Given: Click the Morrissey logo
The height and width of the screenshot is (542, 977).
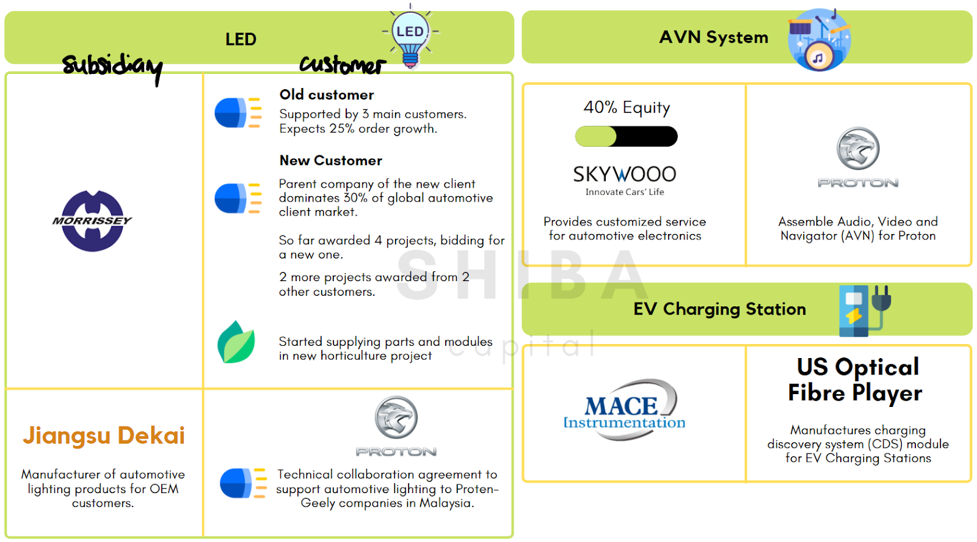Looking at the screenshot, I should click(x=92, y=221).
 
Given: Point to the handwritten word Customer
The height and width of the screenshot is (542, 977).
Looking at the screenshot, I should click(x=342, y=64).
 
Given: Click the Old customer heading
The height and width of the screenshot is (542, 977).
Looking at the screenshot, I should click(x=327, y=95).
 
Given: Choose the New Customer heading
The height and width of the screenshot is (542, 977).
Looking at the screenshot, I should click(x=330, y=161).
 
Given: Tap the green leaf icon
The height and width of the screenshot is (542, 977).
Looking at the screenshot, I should click(x=236, y=342).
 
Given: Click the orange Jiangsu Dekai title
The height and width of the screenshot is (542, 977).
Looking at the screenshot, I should click(x=104, y=435).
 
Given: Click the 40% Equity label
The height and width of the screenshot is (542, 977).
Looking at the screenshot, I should click(x=627, y=108).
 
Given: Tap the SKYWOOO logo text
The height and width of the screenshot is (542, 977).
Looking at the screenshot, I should click(x=625, y=175).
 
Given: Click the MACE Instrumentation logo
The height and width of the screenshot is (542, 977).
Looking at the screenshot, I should click(x=624, y=410).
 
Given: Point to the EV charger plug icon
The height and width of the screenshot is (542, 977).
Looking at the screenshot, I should click(x=865, y=310).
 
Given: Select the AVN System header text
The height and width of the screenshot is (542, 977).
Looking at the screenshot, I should click(x=713, y=37).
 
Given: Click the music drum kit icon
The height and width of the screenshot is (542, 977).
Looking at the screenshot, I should click(x=819, y=39).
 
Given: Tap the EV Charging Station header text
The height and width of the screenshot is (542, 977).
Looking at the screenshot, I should click(x=719, y=309).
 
